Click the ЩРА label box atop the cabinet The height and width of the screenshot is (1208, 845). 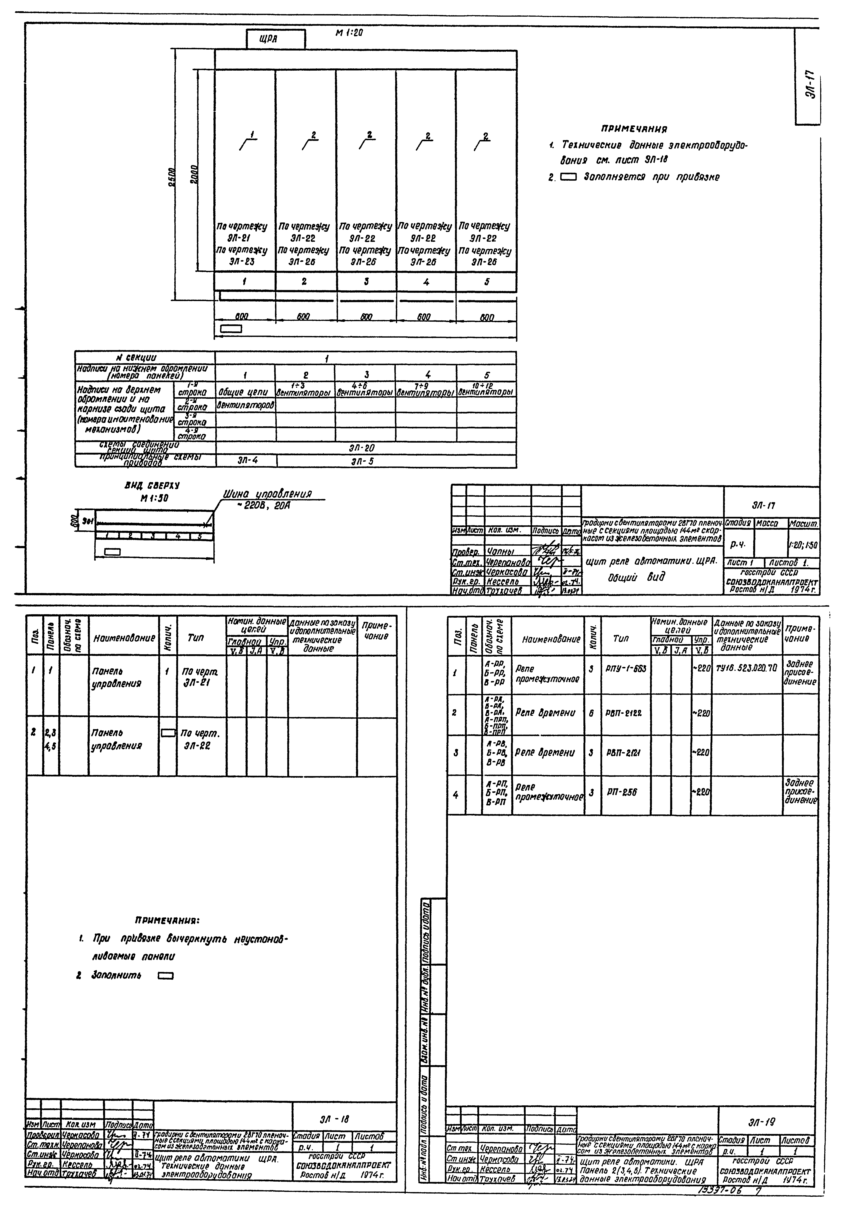pos(275,39)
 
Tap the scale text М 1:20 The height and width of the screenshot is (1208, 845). pos(349,33)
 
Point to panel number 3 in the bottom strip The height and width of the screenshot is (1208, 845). pos(366,281)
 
